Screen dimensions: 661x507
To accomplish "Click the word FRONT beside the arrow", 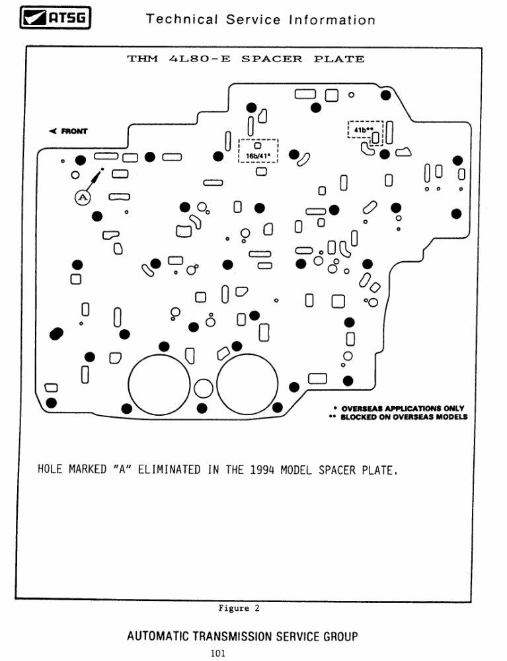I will (74, 131).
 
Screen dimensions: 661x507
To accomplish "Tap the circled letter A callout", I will (81, 197).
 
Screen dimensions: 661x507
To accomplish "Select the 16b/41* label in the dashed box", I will (259, 157).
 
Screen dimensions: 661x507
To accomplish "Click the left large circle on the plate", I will (159, 385).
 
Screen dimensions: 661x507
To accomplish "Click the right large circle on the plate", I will (247, 385).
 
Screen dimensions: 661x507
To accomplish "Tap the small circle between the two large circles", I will (204, 388).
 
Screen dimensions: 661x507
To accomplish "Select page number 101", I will (218, 653).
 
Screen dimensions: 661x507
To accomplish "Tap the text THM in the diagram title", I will (140, 59).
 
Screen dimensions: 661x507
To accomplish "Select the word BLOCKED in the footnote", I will (360, 417).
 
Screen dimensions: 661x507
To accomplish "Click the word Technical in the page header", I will (176, 20).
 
